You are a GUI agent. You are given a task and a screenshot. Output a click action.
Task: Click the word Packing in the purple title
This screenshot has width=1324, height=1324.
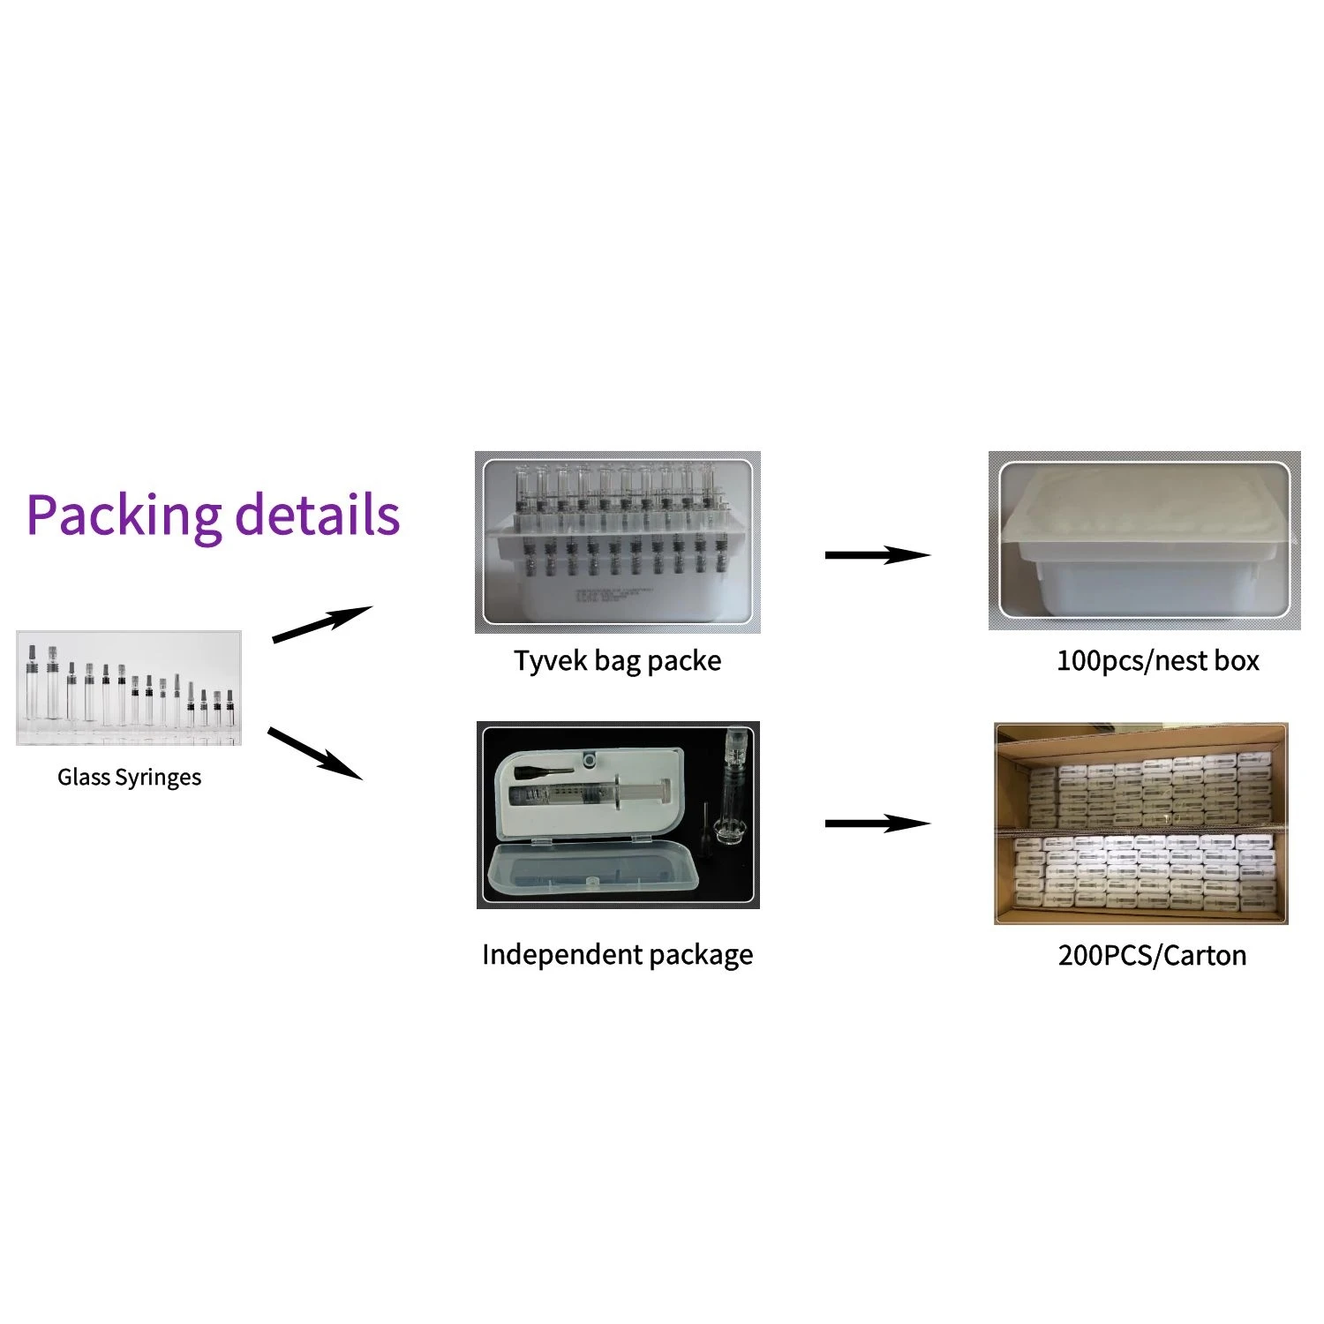click(124, 515)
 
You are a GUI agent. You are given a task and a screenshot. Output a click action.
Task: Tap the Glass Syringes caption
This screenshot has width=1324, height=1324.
click(129, 778)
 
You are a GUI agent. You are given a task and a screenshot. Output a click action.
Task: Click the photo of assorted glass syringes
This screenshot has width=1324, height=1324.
click(129, 688)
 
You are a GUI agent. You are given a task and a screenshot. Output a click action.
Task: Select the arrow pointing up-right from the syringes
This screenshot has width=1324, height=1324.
click(321, 624)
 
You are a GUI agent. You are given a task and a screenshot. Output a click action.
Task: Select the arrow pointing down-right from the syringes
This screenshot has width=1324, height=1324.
click(314, 753)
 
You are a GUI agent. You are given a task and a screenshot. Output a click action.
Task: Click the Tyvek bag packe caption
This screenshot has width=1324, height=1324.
click(617, 661)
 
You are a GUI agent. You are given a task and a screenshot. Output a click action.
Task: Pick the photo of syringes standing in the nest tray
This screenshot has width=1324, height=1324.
click(617, 541)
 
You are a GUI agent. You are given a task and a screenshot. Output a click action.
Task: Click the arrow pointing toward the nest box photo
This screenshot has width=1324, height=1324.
click(876, 555)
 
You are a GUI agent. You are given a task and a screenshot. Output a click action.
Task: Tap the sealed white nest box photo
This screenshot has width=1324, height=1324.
click(1144, 540)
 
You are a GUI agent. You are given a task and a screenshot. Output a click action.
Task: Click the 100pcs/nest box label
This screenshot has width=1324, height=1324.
click(1157, 661)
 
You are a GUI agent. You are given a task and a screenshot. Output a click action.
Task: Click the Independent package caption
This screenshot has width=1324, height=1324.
click(617, 955)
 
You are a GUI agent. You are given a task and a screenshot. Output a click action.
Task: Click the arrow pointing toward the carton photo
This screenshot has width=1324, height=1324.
click(876, 824)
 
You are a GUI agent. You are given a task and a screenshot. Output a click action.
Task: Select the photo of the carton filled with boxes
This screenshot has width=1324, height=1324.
click(1141, 824)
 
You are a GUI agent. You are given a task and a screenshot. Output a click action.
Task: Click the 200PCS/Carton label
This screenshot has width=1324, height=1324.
click(1152, 956)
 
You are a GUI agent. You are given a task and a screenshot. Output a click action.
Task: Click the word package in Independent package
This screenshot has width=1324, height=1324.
click(701, 956)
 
